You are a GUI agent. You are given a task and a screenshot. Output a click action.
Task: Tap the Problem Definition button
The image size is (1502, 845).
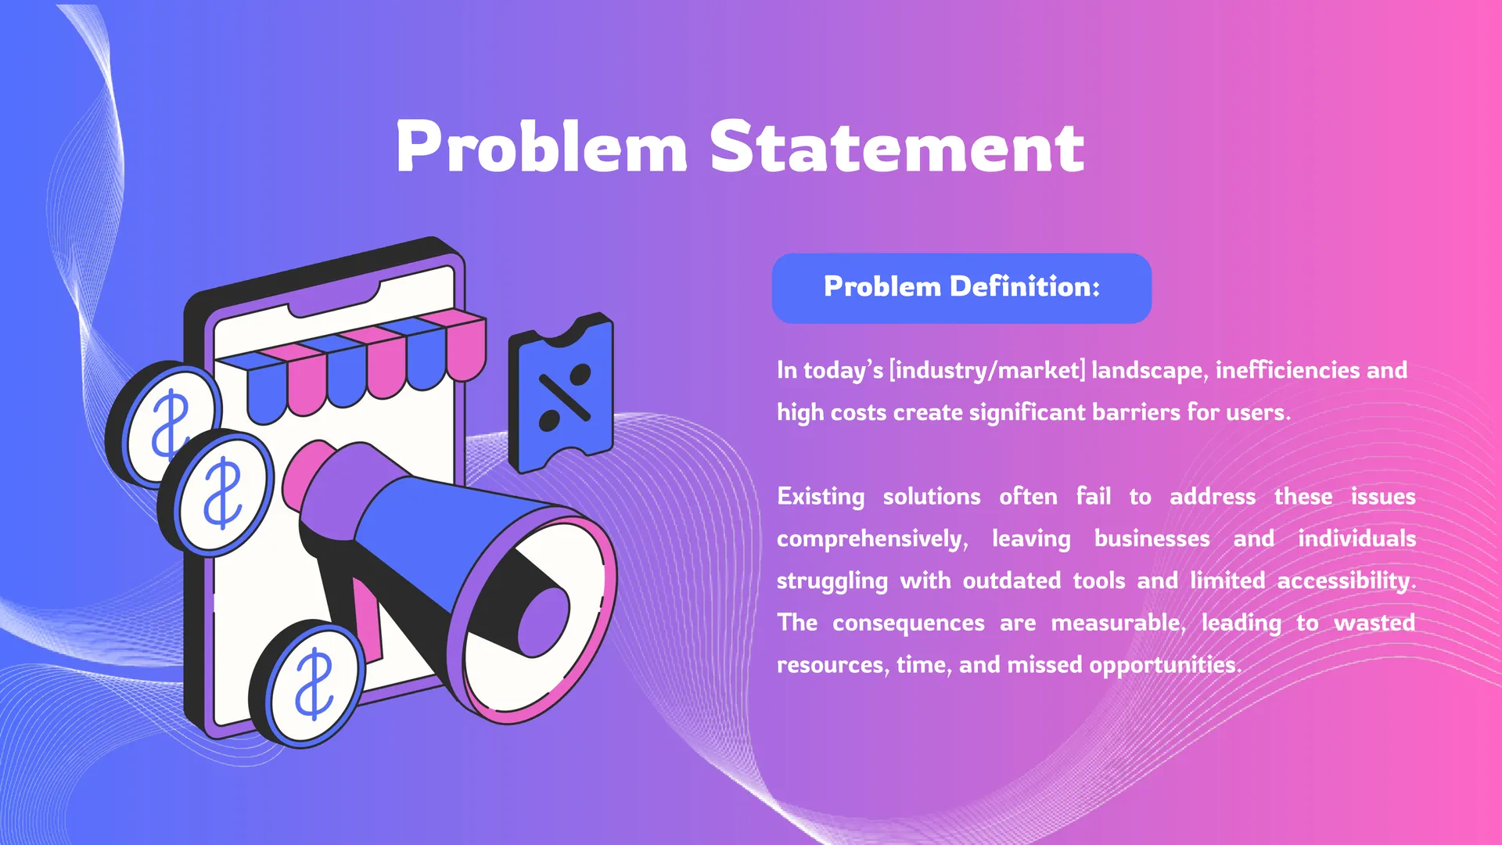click(x=961, y=288)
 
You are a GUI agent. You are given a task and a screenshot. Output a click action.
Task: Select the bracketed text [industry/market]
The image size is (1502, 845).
click(x=987, y=370)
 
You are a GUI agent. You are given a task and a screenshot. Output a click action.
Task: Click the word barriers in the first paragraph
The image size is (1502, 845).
click(x=1134, y=412)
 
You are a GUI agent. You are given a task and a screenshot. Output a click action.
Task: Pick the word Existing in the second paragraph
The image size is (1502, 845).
click(x=821, y=497)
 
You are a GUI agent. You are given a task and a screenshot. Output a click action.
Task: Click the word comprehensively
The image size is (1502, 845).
click(x=872, y=539)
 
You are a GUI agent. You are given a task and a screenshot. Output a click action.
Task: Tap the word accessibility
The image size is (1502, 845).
click(x=1346, y=581)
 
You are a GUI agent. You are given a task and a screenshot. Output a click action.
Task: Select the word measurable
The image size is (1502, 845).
click(x=1118, y=623)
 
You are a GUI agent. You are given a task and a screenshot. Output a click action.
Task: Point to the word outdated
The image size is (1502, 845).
click(x=1012, y=581)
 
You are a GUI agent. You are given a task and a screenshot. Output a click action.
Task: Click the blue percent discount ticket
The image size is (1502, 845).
click(x=561, y=392)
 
